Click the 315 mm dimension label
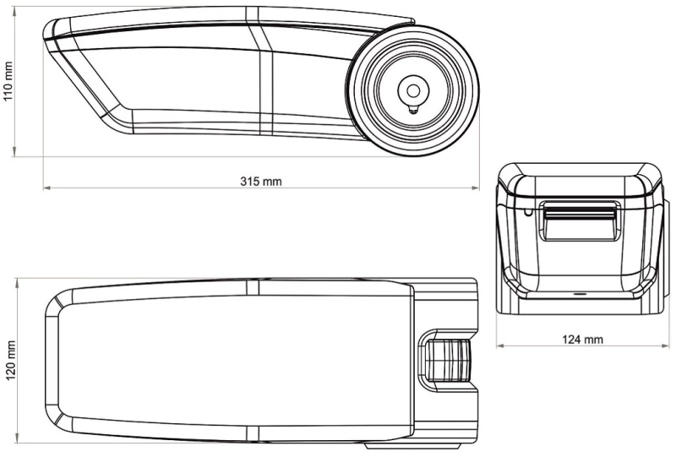261,182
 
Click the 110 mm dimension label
8,81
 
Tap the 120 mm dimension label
10,361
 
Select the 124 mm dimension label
582,340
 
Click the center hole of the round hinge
413,91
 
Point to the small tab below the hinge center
413,109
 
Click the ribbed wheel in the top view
448,360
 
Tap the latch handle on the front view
581,220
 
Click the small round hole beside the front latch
527,212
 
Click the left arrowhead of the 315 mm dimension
47,188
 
